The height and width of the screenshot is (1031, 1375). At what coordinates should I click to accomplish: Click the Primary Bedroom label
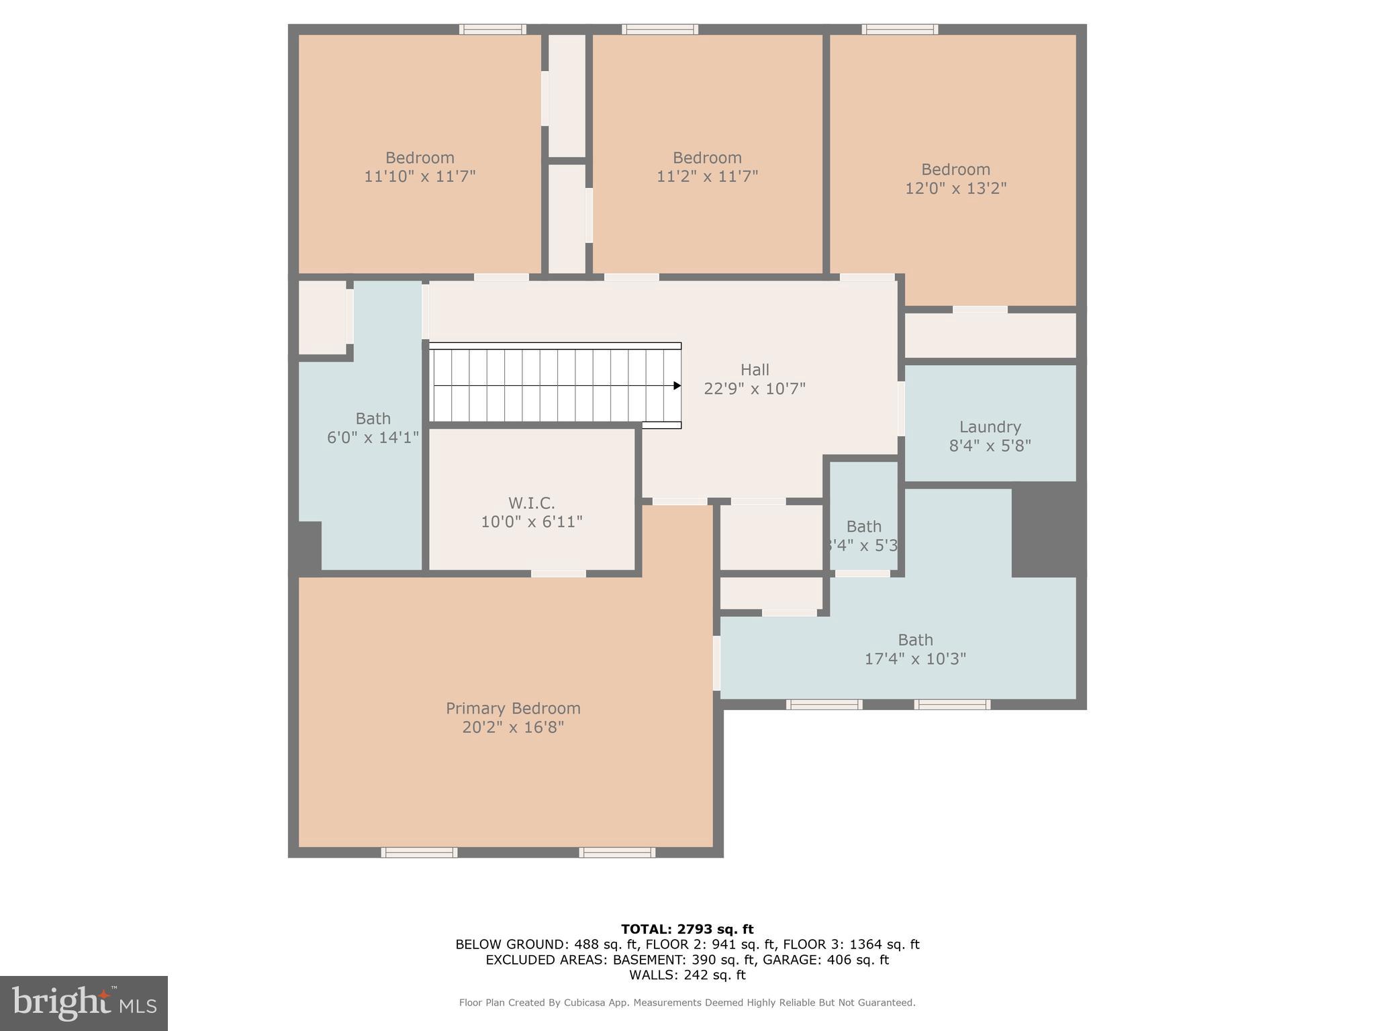click(513, 708)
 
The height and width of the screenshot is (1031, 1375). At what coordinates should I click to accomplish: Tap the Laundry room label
click(990, 427)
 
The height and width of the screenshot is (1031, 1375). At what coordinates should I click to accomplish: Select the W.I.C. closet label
click(531, 503)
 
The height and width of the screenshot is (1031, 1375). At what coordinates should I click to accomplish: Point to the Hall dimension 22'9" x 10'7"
click(754, 389)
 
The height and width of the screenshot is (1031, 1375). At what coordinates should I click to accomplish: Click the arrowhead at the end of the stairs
click(677, 385)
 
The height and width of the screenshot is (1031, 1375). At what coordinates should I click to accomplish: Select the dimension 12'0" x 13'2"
click(955, 188)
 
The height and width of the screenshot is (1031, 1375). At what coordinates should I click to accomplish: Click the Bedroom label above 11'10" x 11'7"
click(420, 158)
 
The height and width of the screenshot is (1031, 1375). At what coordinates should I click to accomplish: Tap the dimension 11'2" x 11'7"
click(707, 177)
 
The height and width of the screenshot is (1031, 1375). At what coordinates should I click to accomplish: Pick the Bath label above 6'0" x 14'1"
click(373, 419)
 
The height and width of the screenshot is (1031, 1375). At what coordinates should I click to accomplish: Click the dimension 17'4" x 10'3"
click(914, 658)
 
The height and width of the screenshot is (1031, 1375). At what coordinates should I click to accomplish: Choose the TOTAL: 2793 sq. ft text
click(687, 929)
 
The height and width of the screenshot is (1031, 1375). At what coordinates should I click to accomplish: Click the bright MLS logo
click(84, 1003)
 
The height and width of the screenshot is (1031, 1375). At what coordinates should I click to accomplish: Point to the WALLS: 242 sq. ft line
click(687, 975)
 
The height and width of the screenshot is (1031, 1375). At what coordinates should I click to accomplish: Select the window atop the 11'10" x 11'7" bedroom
click(492, 29)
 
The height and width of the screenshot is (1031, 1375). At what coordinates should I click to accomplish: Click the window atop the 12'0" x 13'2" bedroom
click(900, 29)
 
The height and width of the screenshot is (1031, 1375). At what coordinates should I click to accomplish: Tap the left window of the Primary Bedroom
click(419, 852)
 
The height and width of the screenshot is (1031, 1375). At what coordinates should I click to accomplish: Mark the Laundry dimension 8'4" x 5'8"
click(990, 446)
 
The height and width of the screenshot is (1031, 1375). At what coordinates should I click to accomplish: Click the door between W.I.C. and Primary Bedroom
click(559, 573)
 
